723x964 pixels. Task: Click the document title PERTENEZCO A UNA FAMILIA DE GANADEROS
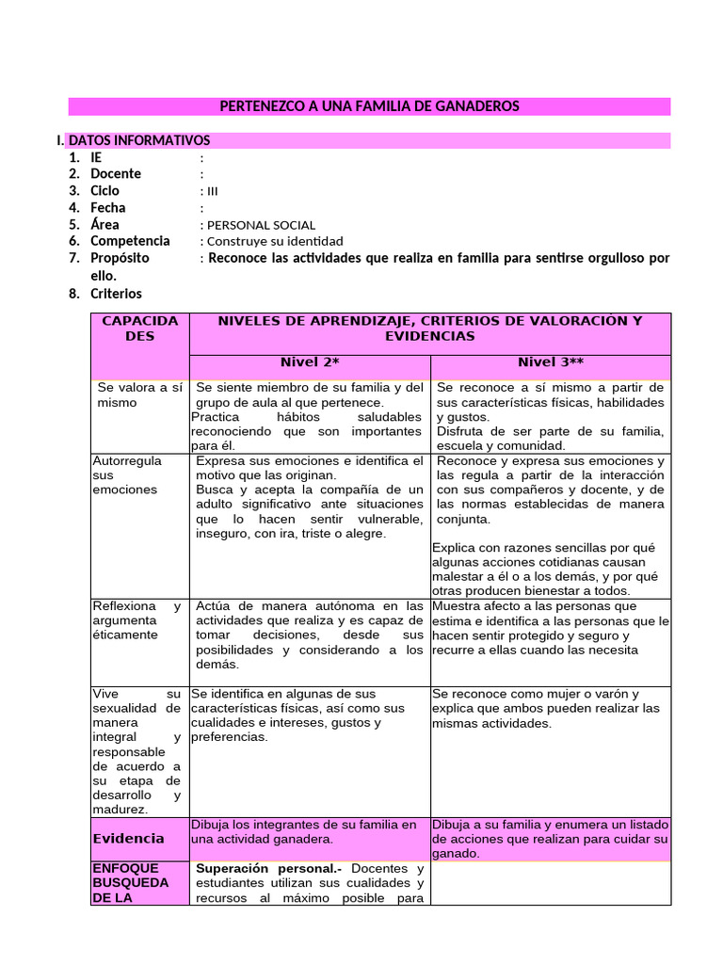[x=369, y=106]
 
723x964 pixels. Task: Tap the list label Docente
[x=116, y=174]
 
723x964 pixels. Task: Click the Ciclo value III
[x=213, y=191]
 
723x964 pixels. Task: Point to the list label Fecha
[x=107, y=208]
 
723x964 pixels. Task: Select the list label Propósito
[x=120, y=258]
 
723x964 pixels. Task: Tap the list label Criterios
[x=116, y=294]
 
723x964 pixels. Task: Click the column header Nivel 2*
[x=310, y=362]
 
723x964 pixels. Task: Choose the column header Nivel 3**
[x=551, y=362]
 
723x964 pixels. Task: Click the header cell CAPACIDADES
[x=139, y=329]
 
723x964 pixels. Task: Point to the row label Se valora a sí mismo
[x=139, y=394]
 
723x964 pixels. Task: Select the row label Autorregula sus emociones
[x=127, y=475]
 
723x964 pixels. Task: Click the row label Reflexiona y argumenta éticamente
[x=137, y=620]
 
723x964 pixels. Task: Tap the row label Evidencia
[x=128, y=838]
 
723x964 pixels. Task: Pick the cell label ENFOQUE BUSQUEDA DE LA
[x=131, y=883]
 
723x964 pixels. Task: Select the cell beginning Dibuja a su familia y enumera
[x=550, y=839]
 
